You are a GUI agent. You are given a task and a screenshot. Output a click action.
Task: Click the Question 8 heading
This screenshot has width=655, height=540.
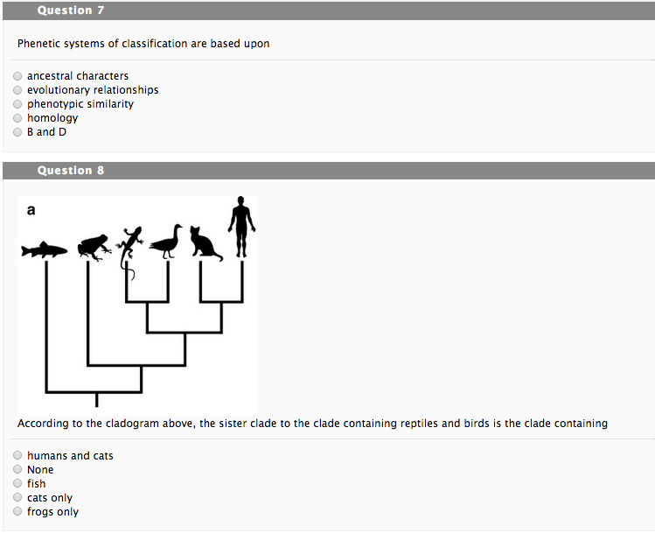tap(70, 171)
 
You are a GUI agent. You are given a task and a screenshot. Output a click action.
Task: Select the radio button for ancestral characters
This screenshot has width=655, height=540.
tap(17, 76)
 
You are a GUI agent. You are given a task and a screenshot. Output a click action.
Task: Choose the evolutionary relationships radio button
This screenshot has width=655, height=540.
tap(17, 90)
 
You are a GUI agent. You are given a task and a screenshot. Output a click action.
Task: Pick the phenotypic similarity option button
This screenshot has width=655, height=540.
tap(17, 104)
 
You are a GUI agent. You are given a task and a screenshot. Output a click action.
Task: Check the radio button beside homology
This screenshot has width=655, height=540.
tap(17, 118)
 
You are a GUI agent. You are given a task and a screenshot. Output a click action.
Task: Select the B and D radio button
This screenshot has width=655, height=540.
tap(17, 132)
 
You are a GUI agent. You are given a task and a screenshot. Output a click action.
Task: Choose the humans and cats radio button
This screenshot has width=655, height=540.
tap(17, 456)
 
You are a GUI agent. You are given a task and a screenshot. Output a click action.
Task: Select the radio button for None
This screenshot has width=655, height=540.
tap(17, 470)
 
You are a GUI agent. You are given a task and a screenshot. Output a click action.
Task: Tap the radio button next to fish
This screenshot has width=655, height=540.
tap(17, 484)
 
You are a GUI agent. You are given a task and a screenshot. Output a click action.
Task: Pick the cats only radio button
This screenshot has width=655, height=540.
tap(17, 498)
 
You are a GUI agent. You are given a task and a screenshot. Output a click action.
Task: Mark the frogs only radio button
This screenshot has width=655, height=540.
tap(17, 512)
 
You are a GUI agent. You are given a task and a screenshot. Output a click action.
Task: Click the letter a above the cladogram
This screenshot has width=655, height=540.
tap(31, 210)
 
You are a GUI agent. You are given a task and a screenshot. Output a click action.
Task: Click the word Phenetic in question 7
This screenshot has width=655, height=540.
tap(39, 44)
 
